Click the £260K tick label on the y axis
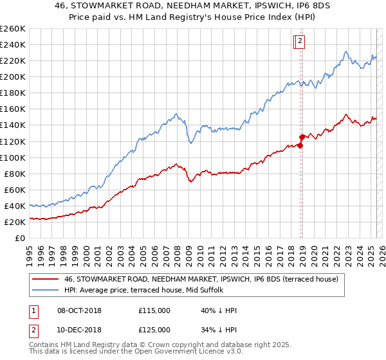[13, 29]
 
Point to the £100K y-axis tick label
[13, 157]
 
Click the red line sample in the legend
[46, 279]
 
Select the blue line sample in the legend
[46, 291]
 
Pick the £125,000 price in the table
[154, 330]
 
